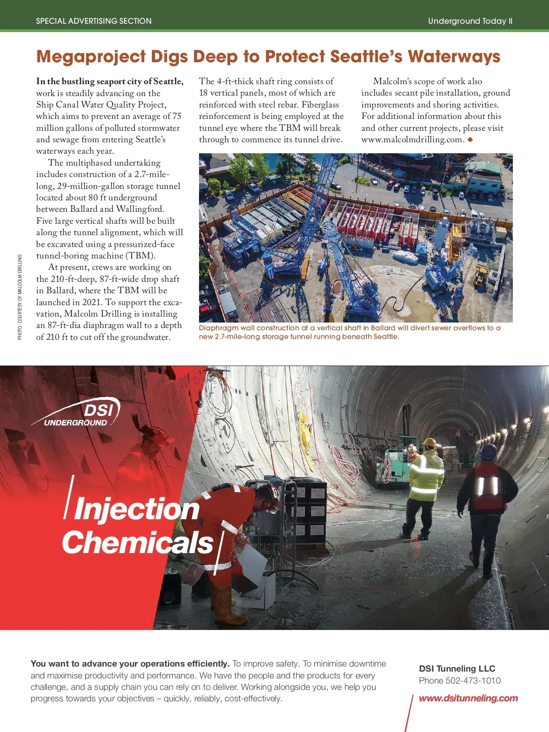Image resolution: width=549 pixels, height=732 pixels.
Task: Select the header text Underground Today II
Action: click(x=470, y=21)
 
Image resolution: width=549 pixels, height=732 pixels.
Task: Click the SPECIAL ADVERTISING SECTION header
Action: click(x=94, y=21)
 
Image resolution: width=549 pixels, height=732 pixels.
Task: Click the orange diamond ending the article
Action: click(x=470, y=140)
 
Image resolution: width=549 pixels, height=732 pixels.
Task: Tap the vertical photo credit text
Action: click(x=20, y=297)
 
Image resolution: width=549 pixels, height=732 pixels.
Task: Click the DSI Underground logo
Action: click(x=78, y=412)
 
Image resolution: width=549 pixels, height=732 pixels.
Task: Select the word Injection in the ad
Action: click(x=136, y=509)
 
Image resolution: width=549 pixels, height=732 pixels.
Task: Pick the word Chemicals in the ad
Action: click(x=138, y=543)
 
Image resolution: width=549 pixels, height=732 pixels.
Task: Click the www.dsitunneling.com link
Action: click(x=468, y=698)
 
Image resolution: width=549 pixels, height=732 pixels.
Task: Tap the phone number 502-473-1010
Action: click(x=473, y=680)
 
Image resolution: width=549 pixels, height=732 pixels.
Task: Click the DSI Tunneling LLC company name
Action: click(x=457, y=668)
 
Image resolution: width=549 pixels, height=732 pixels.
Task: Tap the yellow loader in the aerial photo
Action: click(x=481, y=274)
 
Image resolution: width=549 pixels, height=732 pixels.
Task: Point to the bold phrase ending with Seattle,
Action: click(x=110, y=81)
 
